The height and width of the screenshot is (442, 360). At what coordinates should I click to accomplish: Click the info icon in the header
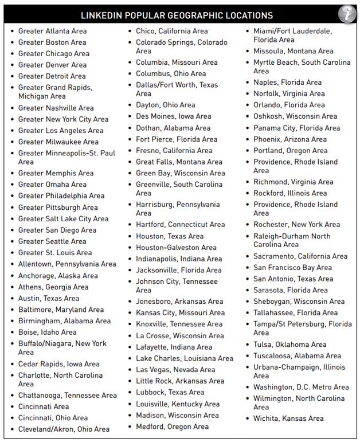point(346,13)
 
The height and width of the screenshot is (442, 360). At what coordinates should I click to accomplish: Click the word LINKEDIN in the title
point(104,15)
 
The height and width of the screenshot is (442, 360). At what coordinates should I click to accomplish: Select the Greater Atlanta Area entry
point(52,31)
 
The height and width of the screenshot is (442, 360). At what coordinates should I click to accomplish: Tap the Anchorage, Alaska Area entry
point(58,276)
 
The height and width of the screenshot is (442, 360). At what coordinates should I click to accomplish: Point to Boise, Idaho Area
point(47,332)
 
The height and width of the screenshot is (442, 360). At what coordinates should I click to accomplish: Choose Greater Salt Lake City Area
point(63,218)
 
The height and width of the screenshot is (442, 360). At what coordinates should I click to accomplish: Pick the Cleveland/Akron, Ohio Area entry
point(64,429)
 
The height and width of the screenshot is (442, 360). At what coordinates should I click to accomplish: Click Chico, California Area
point(171,31)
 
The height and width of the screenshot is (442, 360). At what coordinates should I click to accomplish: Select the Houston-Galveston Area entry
point(176,248)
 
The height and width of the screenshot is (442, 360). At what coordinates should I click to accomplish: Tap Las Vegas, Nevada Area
point(175,370)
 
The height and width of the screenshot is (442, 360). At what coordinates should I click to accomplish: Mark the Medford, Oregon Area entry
point(172,427)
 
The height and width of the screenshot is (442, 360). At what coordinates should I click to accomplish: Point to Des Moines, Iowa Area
point(173,116)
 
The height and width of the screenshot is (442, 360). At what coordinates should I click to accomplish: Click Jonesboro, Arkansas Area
point(179,302)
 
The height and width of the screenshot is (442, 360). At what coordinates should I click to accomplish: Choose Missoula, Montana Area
point(293,51)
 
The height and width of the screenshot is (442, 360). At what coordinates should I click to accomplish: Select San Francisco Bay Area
point(292,268)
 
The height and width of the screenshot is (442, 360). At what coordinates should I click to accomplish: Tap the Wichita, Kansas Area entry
point(288,418)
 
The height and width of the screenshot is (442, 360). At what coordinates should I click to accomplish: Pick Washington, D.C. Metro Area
point(301,387)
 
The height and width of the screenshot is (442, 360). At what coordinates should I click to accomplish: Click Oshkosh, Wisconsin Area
point(295,116)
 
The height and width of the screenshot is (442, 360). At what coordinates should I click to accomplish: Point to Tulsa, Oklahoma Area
point(289,345)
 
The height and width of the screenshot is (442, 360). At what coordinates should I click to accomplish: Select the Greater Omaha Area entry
point(52,185)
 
